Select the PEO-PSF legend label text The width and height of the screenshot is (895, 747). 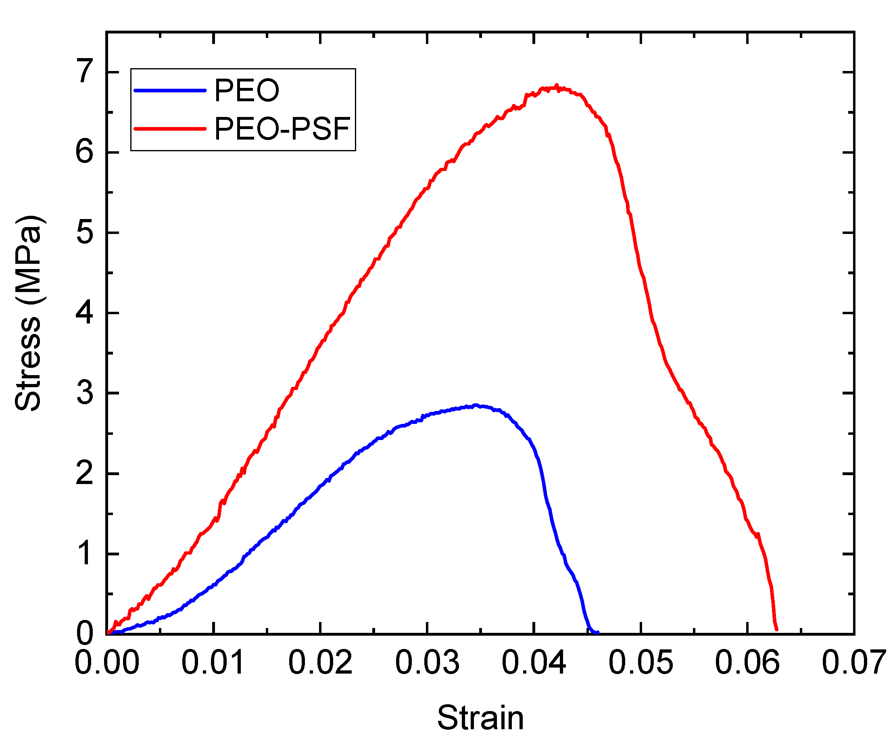(282, 129)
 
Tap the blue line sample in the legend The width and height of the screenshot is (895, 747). (170, 90)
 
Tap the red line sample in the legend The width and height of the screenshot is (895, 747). (170, 129)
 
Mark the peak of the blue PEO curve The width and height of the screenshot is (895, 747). (476, 405)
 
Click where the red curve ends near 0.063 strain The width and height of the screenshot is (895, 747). (776, 629)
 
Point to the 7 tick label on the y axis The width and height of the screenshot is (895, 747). (84, 71)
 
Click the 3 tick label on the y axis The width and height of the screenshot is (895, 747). (84, 392)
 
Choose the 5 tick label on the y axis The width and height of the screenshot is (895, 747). (84, 232)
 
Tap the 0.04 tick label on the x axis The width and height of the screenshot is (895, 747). (534, 663)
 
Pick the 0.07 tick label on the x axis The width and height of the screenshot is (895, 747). (854, 663)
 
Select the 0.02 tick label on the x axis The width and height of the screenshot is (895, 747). (320, 663)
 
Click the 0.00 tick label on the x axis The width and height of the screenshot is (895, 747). (106, 663)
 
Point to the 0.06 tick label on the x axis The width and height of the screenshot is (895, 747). (747, 663)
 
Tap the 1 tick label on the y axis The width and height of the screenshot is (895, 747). (84, 553)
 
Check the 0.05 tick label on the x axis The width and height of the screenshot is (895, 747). (640, 663)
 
